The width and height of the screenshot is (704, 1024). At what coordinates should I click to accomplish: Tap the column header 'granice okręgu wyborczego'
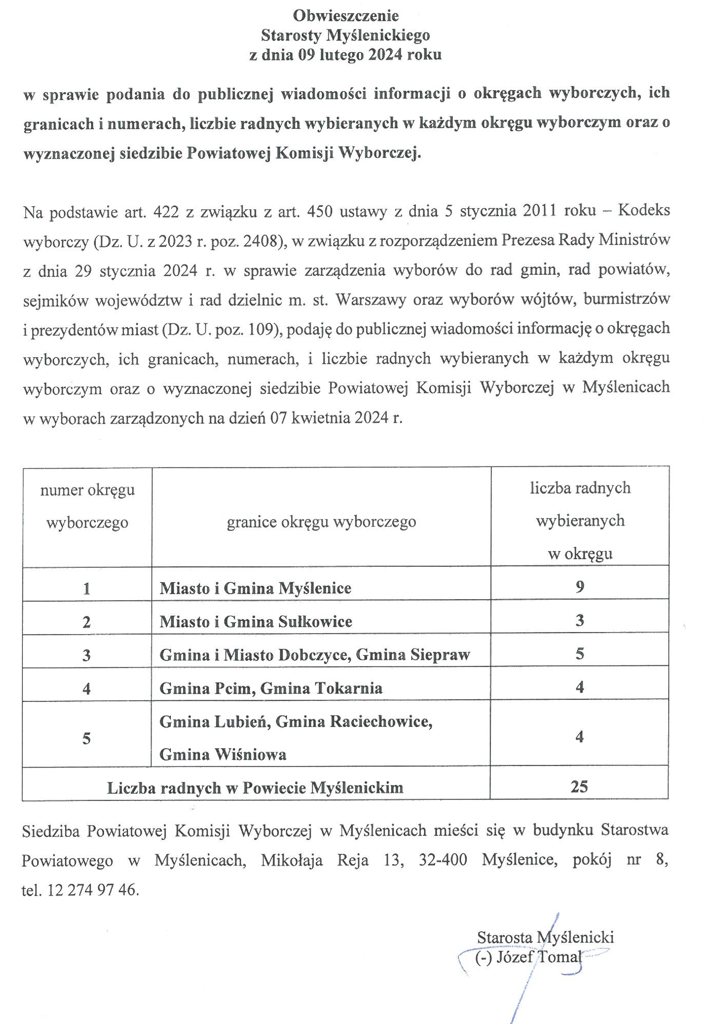click(x=321, y=522)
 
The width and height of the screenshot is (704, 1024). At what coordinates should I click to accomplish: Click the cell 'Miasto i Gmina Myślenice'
click(x=255, y=588)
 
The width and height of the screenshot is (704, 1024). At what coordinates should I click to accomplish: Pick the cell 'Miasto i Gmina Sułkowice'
click(x=256, y=622)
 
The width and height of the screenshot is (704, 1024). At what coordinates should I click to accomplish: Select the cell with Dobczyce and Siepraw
click(x=314, y=655)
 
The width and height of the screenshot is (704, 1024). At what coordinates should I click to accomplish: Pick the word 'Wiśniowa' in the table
click(x=251, y=755)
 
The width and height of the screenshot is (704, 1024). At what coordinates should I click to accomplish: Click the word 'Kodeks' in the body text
click(x=644, y=210)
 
